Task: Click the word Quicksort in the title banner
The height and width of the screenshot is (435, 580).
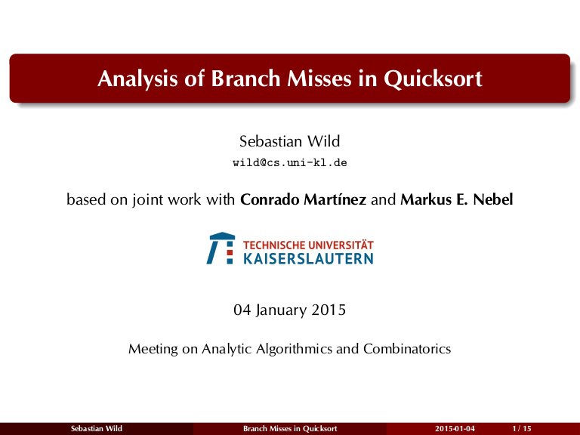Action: pos(433,79)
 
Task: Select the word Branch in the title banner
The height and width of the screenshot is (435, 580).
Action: pos(245,78)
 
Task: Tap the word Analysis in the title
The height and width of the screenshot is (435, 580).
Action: pos(137,79)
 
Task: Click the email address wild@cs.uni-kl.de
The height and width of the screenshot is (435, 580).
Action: pos(290,163)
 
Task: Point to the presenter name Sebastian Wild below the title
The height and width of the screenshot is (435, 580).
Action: pos(290,141)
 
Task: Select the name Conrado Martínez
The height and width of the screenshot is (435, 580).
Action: pos(304,199)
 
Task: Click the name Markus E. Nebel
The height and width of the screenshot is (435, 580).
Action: pos(457,199)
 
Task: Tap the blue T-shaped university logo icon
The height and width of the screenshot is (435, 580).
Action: pos(221,248)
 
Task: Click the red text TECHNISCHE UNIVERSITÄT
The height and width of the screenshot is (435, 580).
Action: pos(308,245)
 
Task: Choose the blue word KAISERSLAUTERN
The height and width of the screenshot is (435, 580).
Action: pos(308,258)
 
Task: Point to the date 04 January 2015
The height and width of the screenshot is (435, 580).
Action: pos(290,310)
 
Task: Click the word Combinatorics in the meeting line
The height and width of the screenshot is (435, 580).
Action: pos(407,349)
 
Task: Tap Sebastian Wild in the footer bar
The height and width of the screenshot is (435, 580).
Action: pos(97,429)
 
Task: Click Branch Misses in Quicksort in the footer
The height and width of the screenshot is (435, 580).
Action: pos(290,429)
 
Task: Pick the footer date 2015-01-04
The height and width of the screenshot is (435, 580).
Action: pos(455,429)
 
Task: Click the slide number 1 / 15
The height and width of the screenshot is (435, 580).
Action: pos(522,429)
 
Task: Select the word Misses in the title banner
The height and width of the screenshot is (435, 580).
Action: pos(319,78)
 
